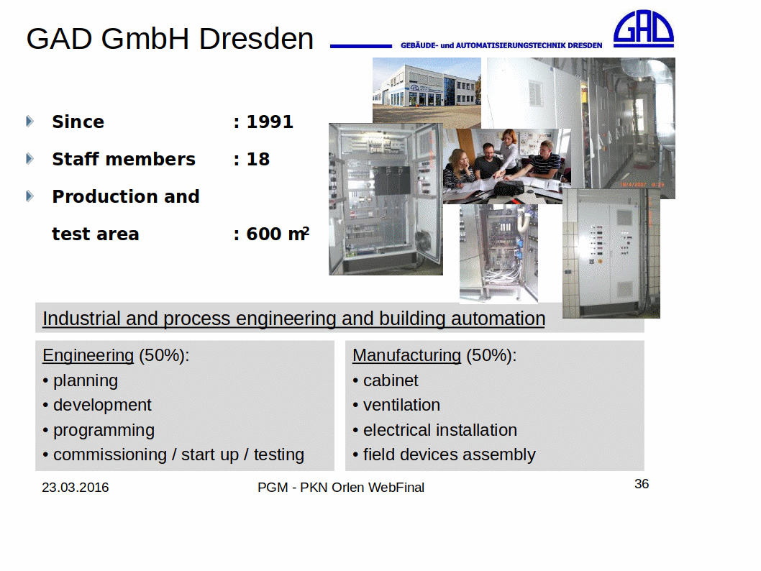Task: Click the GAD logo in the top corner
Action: (x=644, y=29)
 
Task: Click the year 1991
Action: (x=270, y=122)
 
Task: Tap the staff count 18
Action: (x=258, y=159)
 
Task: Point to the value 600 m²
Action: (x=278, y=234)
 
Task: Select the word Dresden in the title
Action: (x=256, y=38)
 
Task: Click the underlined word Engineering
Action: (x=88, y=355)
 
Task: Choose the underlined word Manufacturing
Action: (x=406, y=355)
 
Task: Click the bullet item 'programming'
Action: (x=104, y=430)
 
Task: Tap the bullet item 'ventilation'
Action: (x=401, y=405)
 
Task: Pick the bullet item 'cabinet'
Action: (x=390, y=380)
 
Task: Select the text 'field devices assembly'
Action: (x=449, y=454)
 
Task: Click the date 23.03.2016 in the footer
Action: (x=76, y=487)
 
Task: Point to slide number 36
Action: (x=642, y=484)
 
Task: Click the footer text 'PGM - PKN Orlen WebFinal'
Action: (x=341, y=487)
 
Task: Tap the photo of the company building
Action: (x=427, y=90)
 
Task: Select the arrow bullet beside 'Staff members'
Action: (x=29, y=159)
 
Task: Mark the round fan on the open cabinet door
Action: (x=423, y=241)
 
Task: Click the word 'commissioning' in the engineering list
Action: (x=109, y=454)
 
